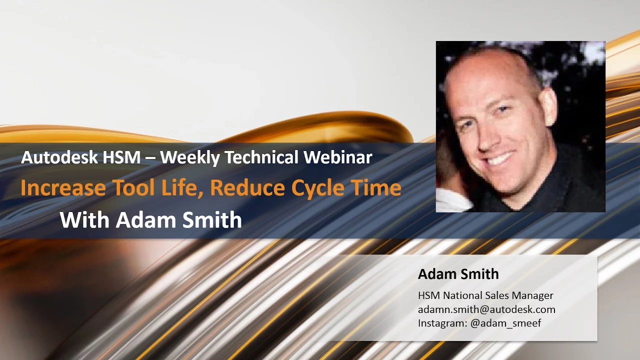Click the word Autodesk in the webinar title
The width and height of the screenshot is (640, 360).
pyautogui.click(x=59, y=157)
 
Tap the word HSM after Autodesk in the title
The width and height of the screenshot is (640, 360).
pyautogui.click(x=121, y=157)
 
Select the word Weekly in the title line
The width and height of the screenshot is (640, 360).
pyautogui.click(x=189, y=157)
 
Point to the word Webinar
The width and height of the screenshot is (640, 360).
pyautogui.click(x=338, y=157)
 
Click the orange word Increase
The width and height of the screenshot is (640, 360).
pyautogui.click(x=63, y=187)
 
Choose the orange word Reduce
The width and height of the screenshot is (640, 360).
pyautogui.click(x=247, y=187)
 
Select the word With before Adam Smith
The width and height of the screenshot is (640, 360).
pyautogui.click(x=84, y=219)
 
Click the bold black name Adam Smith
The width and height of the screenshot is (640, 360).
pyautogui.click(x=458, y=274)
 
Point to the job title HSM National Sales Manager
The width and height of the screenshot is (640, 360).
pyautogui.click(x=485, y=295)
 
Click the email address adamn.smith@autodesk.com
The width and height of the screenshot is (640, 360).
pyautogui.click(x=486, y=309)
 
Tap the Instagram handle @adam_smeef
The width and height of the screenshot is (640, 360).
pyautogui.click(x=505, y=323)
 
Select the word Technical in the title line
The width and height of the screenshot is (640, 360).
pyautogui.click(x=261, y=157)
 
